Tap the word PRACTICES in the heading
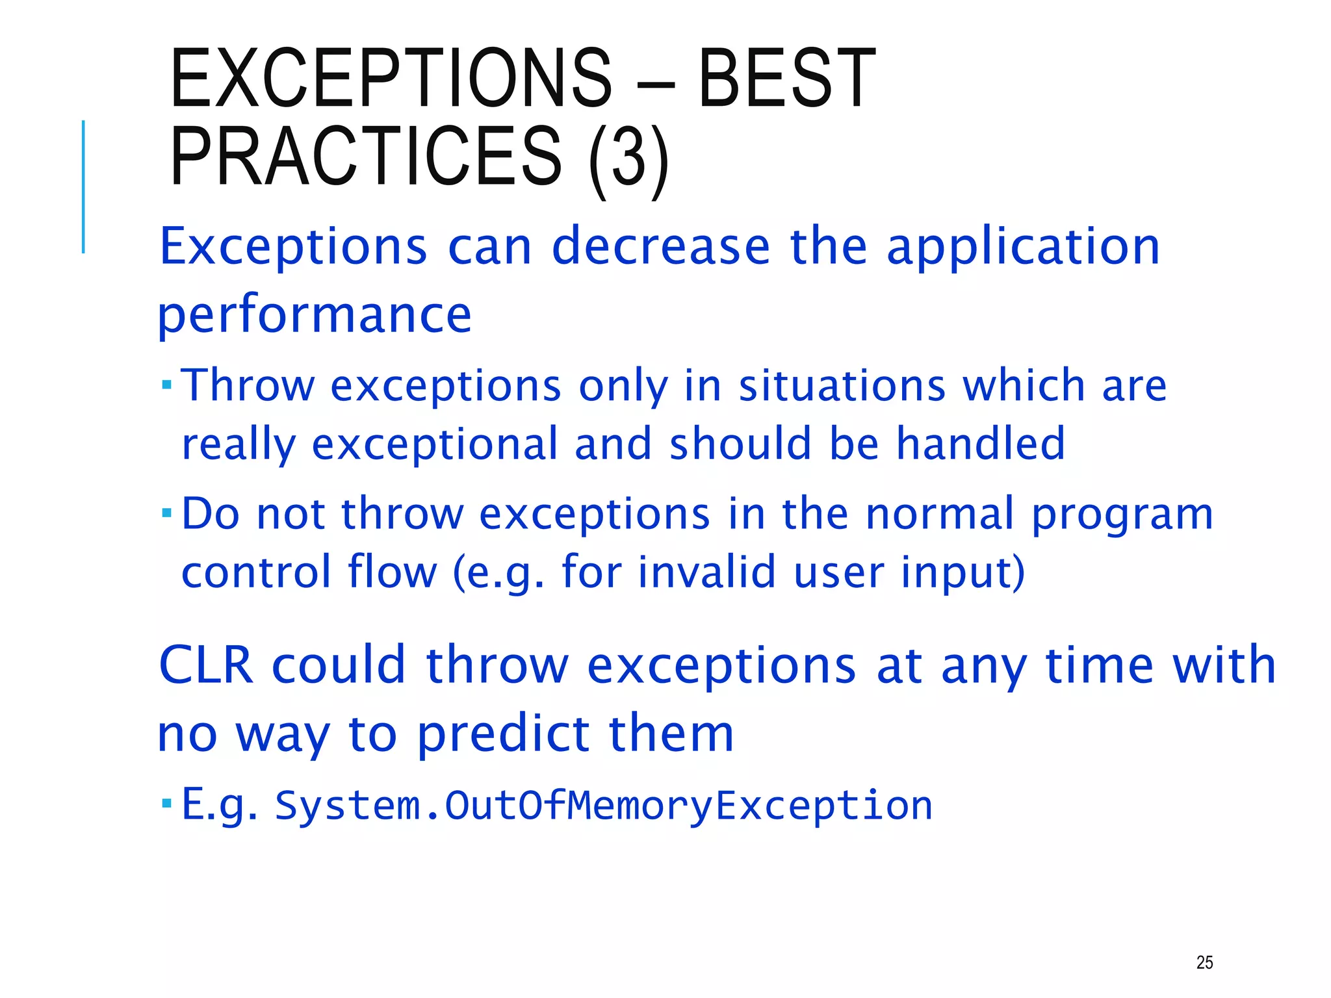tap(365, 156)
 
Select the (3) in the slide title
tap(628, 158)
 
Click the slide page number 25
tap(1204, 962)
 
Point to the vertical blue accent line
tap(83, 186)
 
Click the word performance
tap(315, 315)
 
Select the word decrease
tap(660, 247)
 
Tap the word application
tap(1023, 248)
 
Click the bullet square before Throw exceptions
tap(166, 385)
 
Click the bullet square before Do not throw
tap(166, 514)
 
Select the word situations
tap(842, 386)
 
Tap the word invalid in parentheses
tap(706, 572)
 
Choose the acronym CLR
tap(205, 665)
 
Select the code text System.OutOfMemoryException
tap(603, 806)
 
